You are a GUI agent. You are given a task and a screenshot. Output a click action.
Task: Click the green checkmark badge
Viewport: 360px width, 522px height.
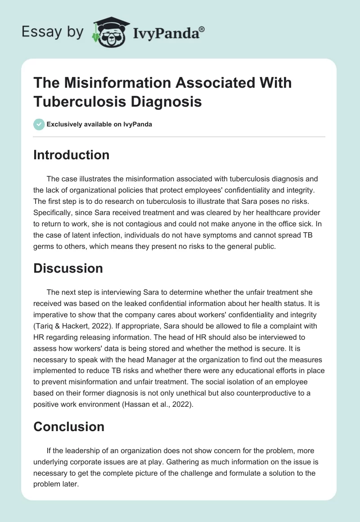point(39,124)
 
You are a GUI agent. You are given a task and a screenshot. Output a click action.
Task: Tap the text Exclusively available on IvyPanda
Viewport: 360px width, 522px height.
point(99,125)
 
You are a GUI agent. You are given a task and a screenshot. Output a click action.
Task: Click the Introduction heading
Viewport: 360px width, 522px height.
point(71,155)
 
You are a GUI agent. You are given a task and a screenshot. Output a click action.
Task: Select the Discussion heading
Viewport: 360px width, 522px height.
point(68,268)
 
